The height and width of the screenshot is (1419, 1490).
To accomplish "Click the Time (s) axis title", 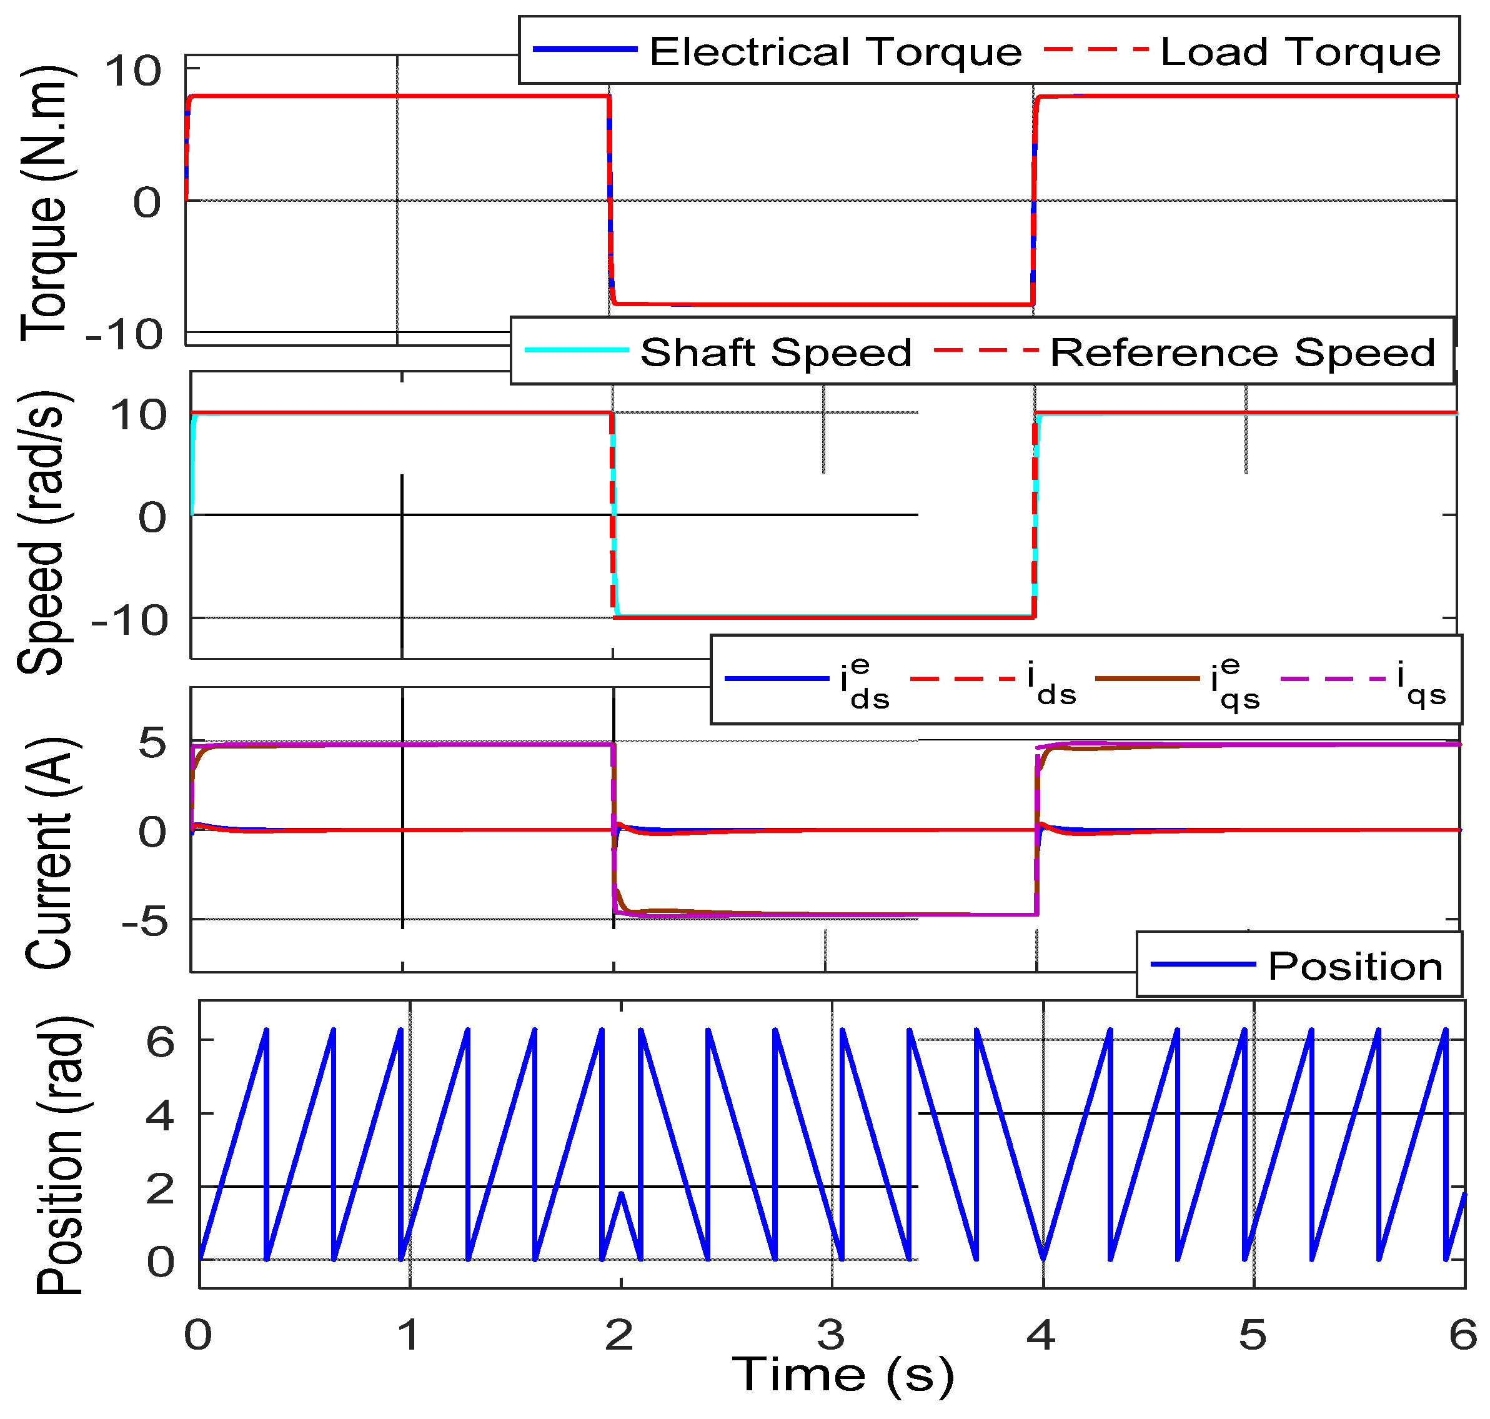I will [843, 1375].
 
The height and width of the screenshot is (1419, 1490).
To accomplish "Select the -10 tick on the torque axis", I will [125, 334].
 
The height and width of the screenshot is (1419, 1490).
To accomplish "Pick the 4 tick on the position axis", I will [159, 1115].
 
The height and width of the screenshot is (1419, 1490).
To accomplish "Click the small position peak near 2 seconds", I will [621, 1193].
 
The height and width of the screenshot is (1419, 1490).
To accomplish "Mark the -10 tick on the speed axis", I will [129, 620].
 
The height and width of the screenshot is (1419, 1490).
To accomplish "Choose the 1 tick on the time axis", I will [409, 1335].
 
